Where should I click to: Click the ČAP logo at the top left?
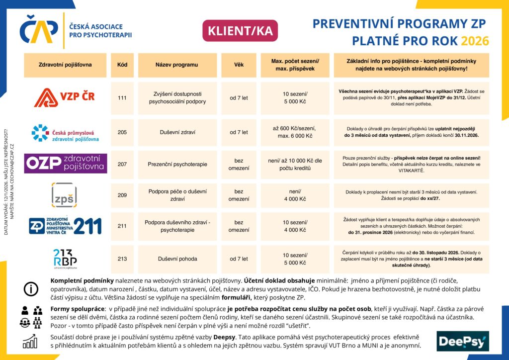click(x=40, y=29)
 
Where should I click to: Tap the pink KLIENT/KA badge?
click(x=240, y=31)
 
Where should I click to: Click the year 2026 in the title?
click(x=475, y=41)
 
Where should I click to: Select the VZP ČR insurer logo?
click(x=65, y=97)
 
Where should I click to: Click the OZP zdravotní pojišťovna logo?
click(x=66, y=164)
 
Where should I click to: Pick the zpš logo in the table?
click(x=65, y=195)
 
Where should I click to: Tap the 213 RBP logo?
click(x=65, y=259)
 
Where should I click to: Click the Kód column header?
click(x=122, y=65)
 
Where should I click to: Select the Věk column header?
click(x=239, y=65)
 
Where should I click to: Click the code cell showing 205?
click(x=122, y=132)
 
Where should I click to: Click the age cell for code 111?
click(x=239, y=98)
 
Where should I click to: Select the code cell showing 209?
click(x=122, y=195)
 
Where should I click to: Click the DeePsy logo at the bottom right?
click(x=463, y=341)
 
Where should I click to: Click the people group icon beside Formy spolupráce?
click(x=31, y=316)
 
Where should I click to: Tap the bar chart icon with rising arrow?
click(x=31, y=341)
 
